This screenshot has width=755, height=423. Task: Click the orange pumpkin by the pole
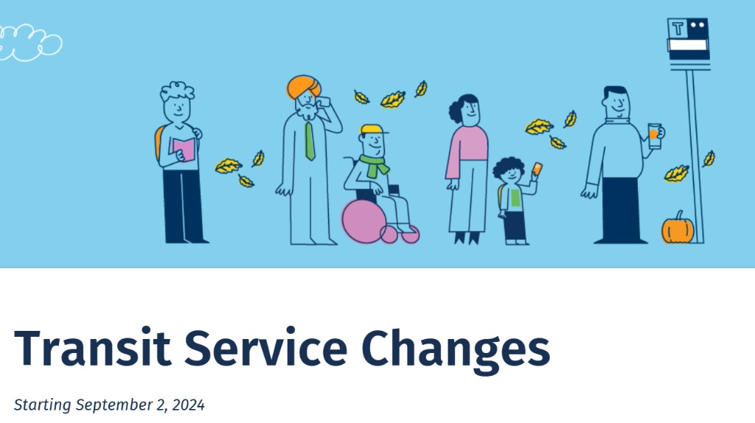click(x=678, y=228)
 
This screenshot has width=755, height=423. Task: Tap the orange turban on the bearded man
click(x=303, y=87)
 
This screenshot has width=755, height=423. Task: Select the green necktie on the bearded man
click(x=310, y=141)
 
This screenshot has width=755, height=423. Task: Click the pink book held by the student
click(x=184, y=150)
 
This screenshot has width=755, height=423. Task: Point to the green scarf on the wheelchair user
click(x=374, y=165)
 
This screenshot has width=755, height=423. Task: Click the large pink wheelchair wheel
click(x=363, y=221)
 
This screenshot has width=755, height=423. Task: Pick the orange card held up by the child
click(x=537, y=169)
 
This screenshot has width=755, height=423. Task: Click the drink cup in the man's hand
click(x=655, y=136)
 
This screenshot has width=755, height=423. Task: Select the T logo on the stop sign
click(x=678, y=29)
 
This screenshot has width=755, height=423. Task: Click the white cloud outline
click(x=29, y=43)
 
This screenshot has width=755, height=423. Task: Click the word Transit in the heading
click(x=92, y=347)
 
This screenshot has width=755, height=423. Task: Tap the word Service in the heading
click(x=265, y=347)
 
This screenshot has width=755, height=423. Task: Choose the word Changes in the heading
click(x=456, y=350)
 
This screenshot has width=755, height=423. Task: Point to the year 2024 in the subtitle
click(x=188, y=405)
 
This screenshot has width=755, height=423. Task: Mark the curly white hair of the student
click(x=177, y=91)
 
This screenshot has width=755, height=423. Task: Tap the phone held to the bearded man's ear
click(x=323, y=102)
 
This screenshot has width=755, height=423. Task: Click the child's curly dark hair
click(x=509, y=167)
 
